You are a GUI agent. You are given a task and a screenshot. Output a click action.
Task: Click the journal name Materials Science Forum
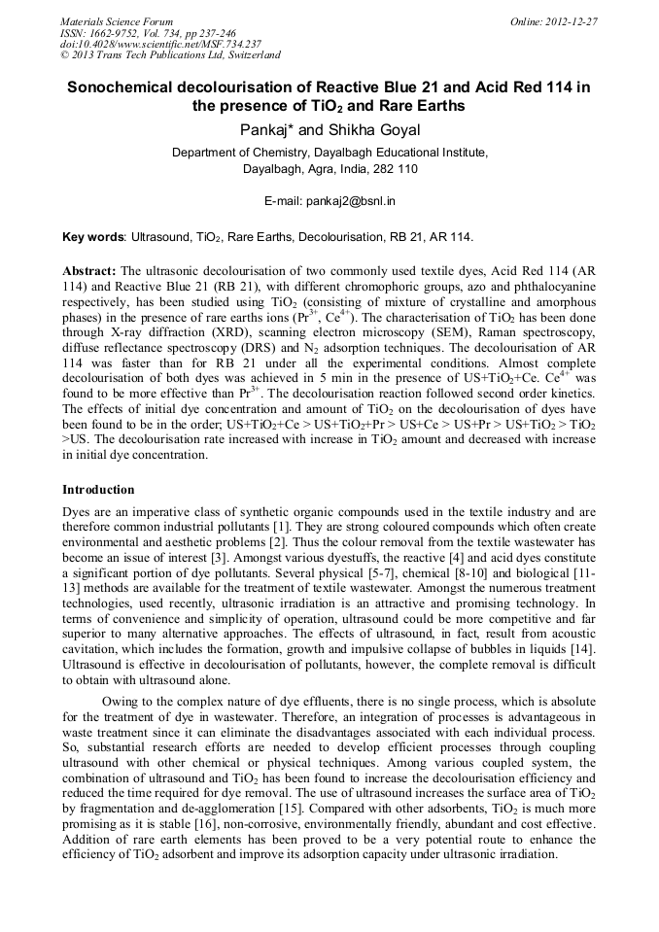pos(117,21)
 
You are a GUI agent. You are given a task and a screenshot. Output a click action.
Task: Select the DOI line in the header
pos(159,44)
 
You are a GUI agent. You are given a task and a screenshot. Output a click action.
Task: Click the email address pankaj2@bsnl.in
pos(348,201)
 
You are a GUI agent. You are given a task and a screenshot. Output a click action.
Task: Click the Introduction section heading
pos(98,490)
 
